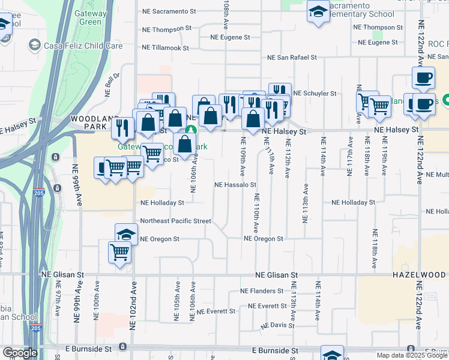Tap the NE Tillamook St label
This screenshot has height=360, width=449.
pyautogui.click(x=164, y=47)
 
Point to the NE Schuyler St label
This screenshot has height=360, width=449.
pyautogui.click(x=315, y=94)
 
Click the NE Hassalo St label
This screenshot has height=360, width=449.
pyautogui.click(x=236, y=185)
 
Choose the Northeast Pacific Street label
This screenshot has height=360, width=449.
pyautogui.click(x=175, y=221)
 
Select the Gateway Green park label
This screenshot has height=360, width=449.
pyautogui.click(x=90, y=17)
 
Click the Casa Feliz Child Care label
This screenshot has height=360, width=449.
pyautogui.click(x=74, y=46)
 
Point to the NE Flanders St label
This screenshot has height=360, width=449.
pyautogui.click(x=261, y=291)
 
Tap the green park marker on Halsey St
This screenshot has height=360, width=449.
pyautogui.click(x=190, y=129)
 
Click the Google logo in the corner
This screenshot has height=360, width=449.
pyautogui.click(x=20, y=353)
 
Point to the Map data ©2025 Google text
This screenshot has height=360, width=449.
pyautogui.click(x=412, y=355)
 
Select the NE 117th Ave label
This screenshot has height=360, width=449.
pyautogui.click(x=349, y=157)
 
